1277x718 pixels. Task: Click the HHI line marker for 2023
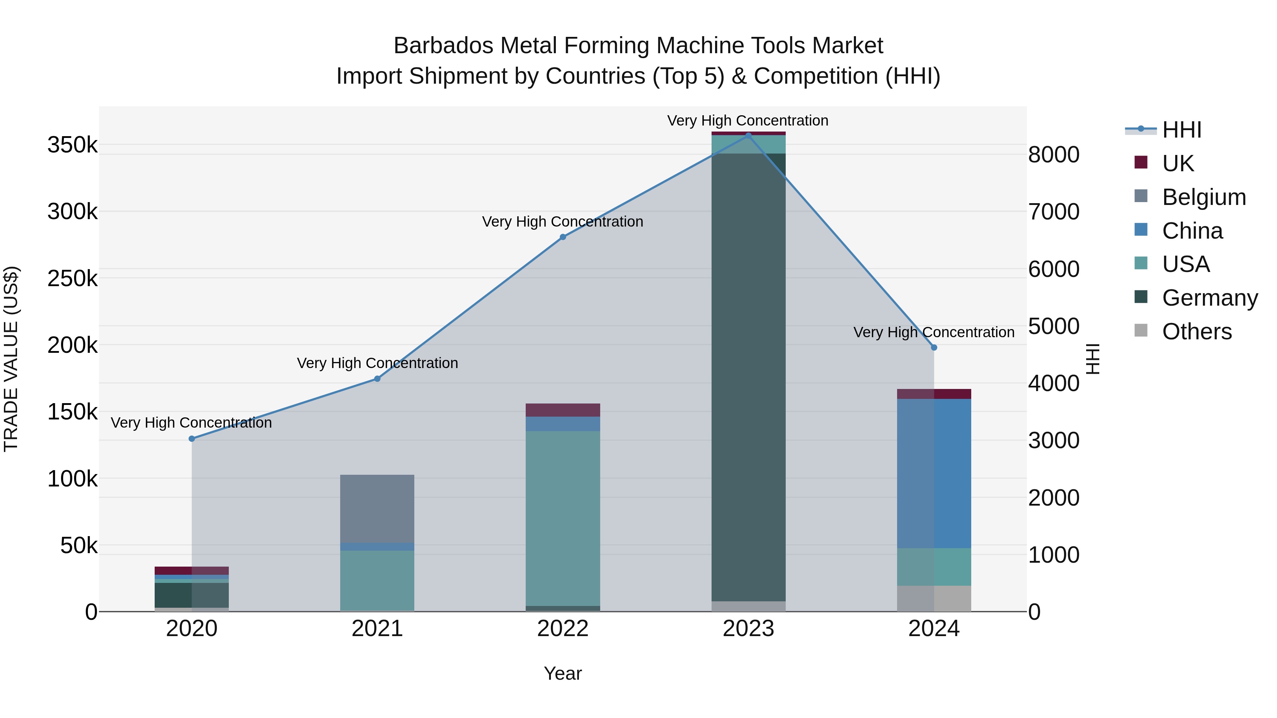(x=748, y=135)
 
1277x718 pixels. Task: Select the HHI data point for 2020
(x=192, y=439)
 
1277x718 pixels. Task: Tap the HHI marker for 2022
(x=563, y=237)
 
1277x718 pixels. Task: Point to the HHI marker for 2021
(x=377, y=379)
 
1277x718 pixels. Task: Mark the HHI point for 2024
(x=934, y=347)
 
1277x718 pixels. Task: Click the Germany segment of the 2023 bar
(x=748, y=377)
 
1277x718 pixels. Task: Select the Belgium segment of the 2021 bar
(x=377, y=508)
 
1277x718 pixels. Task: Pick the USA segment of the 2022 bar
(x=563, y=518)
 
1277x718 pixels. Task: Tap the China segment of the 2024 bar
(x=934, y=473)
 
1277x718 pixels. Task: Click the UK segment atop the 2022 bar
(x=563, y=410)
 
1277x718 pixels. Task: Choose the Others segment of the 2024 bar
(x=934, y=598)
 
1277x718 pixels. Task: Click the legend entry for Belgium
(x=1203, y=197)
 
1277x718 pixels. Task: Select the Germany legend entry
(x=1210, y=298)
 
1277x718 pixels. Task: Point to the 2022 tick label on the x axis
(x=563, y=629)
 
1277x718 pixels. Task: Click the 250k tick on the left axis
(x=72, y=278)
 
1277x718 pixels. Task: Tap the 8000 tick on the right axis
(x=1054, y=155)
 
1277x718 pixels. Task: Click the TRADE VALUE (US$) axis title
(x=11, y=359)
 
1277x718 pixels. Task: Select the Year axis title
(x=563, y=673)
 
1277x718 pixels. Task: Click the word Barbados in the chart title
(x=443, y=46)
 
